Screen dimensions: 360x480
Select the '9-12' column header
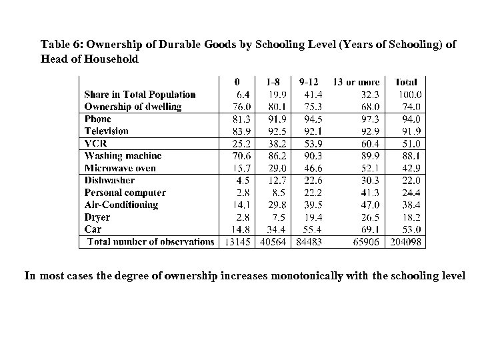[310, 82]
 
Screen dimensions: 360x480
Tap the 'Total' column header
[406, 82]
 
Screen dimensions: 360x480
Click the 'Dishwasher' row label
[110, 180]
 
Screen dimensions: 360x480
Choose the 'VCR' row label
[97, 143]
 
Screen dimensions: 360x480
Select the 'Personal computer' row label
[125, 193]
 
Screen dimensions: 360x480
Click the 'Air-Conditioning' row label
[121, 205]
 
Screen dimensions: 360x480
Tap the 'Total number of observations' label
[151, 241]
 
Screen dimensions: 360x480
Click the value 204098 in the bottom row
[407, 242]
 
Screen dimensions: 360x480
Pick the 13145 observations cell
[237, 242]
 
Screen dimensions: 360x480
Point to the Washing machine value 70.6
[240, 156]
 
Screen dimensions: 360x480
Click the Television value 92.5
[275, 131]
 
